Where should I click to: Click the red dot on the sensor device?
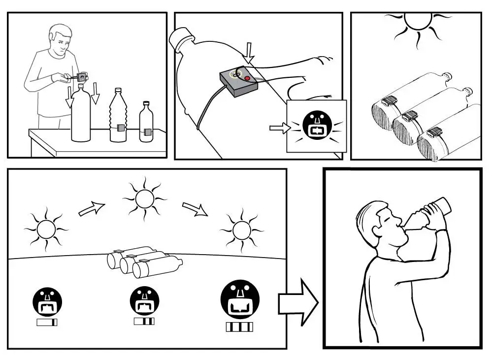tap(247, 78)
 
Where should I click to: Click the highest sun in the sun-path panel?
tap(144, 198)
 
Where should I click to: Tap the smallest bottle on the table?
tap(146, 123)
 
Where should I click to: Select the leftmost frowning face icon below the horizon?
tap(47, 301)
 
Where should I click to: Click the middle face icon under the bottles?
tap(144, 301)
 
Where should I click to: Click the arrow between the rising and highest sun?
tap(92, 209)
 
